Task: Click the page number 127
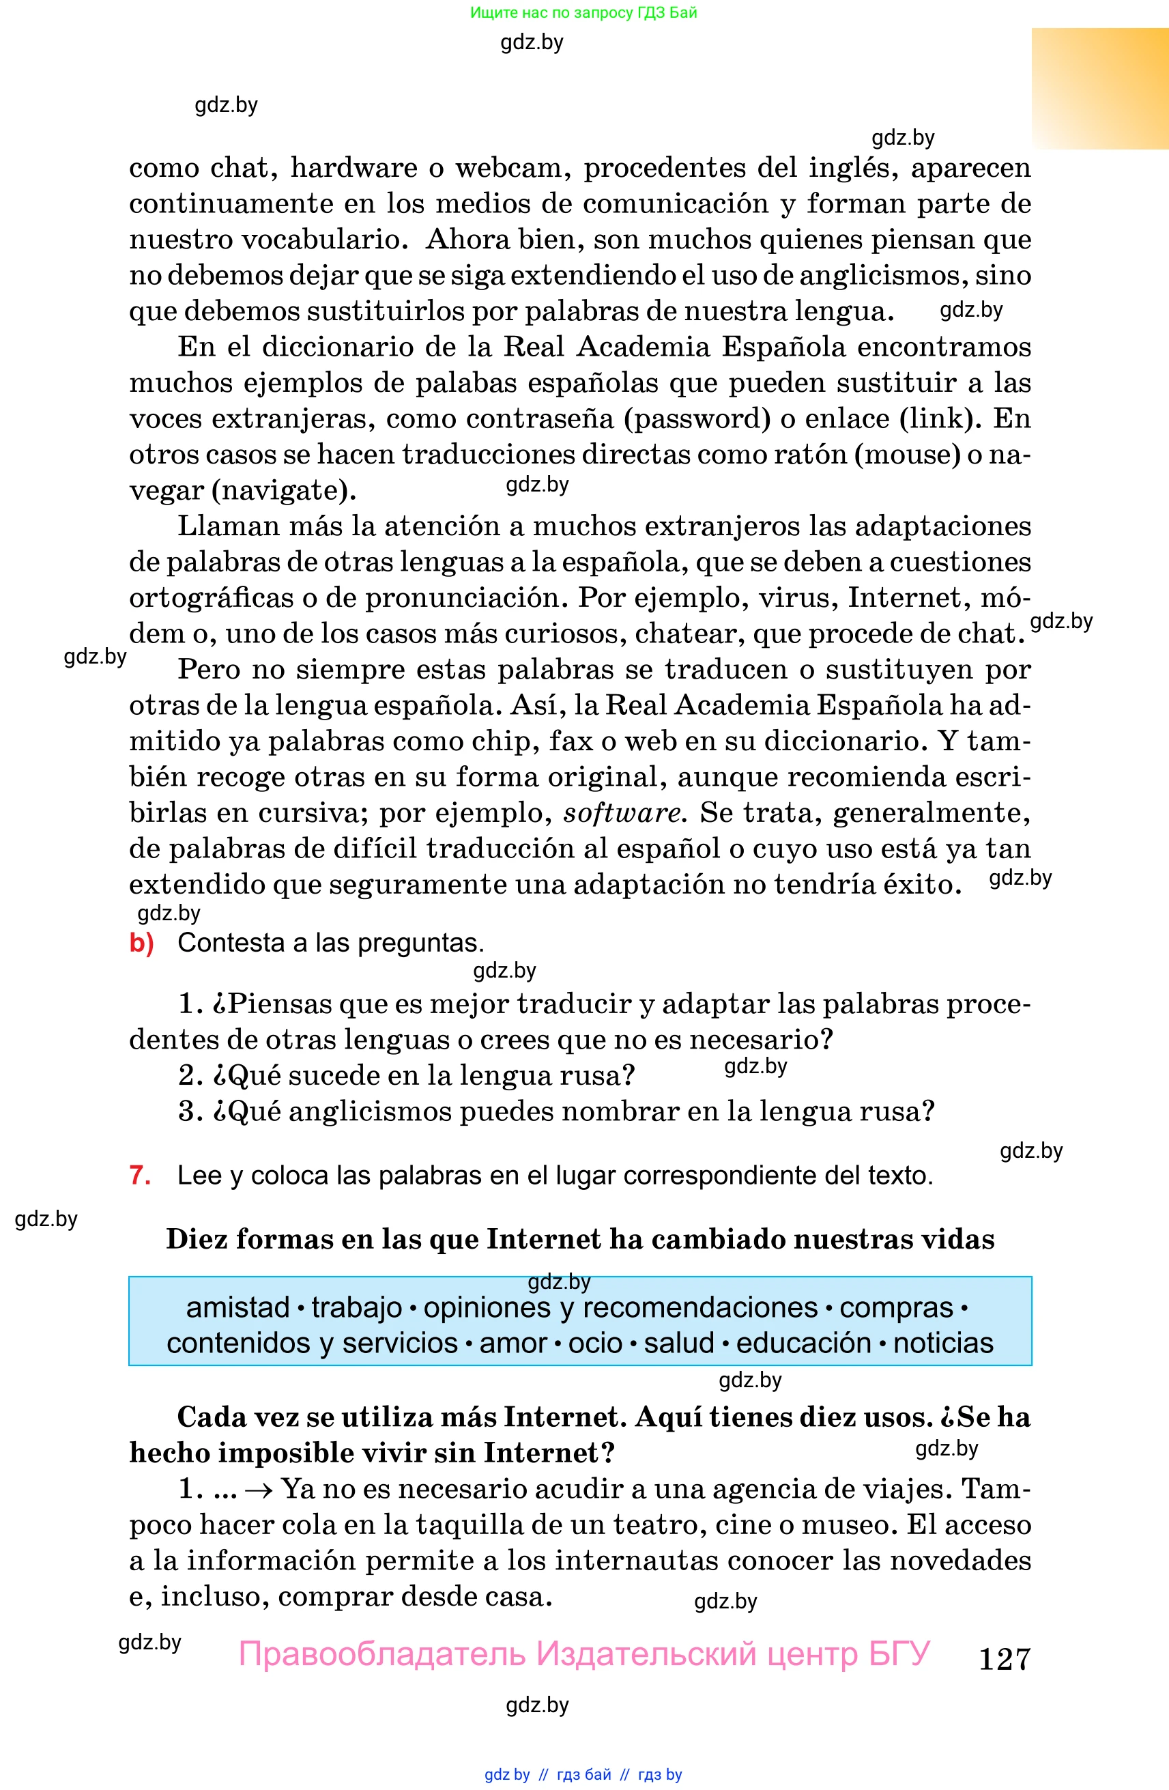click(x=1004, y=1658)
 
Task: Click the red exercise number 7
click(x=140, y=1175)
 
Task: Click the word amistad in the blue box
click(x=237, y=1308)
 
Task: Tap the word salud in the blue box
click(x=679, y=1344)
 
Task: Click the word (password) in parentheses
click(x=697, y=418)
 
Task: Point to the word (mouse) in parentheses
click(x=908, y=454)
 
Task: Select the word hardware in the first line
click(x=353, y=168)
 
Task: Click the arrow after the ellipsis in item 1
click(x=259, y=1489)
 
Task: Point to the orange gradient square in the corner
click(x=1099, y=89)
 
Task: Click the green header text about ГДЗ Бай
click(x=583, y=13)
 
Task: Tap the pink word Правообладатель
click(x=382, y=1654)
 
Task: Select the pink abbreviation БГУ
click(x=899, y=1654)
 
